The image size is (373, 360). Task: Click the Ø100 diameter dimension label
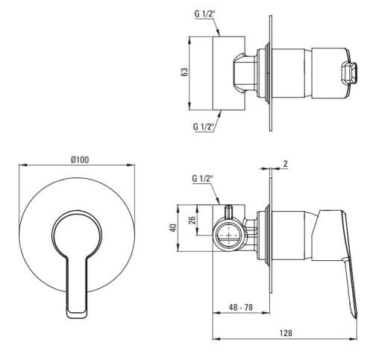click(x=80, y=160)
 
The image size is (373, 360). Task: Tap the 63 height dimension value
click(x=185, y=72)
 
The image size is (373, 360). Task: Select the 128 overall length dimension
click(x=286, y=332)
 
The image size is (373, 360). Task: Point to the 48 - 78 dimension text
click(x=240, y=307)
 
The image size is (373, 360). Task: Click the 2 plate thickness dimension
click(x=286, y=164)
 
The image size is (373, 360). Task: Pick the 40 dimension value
click(x=173, y=228)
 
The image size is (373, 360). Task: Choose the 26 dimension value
click(x=192, y=220)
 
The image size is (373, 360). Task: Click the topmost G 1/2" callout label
click(x=204, y=14)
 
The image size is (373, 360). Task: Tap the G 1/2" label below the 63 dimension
click(x=204, y=127)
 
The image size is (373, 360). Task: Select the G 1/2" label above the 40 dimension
click(x=203, y=178)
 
